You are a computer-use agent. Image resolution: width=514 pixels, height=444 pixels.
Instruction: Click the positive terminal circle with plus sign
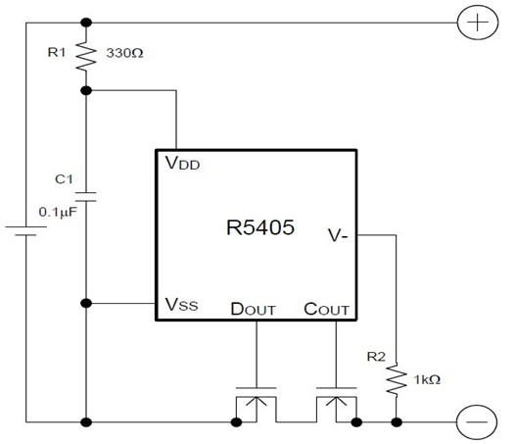pos(478,23)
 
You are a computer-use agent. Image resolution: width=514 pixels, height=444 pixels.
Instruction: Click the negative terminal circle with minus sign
pos(477,422)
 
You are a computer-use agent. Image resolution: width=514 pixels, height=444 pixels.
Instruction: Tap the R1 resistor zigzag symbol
pos(86,56)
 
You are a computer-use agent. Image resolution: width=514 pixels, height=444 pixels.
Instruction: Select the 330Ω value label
pos(124,53)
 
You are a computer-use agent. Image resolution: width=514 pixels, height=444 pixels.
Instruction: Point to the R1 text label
pos(57,52)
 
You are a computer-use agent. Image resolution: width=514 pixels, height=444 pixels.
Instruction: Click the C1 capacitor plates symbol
pos(86,197)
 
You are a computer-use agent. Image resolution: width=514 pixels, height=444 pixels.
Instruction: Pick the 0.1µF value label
pos(58,212)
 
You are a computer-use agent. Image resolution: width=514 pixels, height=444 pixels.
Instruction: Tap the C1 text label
pos(64,179)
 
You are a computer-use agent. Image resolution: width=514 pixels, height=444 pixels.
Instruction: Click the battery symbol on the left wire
pos(25,230)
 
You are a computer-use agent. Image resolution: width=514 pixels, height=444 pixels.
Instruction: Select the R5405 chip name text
pos(260,227)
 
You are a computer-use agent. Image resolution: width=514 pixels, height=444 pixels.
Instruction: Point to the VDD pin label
pos(182,163)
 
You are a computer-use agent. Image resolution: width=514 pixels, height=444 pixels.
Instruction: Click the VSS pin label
pos(181,304)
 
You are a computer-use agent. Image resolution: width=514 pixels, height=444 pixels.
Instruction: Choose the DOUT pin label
pos(253,309)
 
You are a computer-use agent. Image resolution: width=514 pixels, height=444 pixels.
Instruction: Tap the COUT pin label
pos(326,309)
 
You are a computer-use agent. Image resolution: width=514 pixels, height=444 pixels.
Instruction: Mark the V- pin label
pos(338,235)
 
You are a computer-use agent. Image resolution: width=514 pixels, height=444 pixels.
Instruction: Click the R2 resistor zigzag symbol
pos(397,379)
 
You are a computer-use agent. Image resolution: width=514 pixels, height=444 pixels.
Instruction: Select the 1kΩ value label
pos(427,379)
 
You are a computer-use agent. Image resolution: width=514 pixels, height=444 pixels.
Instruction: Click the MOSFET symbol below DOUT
pos(256,404)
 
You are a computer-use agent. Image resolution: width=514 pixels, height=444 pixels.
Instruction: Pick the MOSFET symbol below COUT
pos(336,404)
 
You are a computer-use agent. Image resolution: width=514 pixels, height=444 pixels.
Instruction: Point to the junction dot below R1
pos(86,90)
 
